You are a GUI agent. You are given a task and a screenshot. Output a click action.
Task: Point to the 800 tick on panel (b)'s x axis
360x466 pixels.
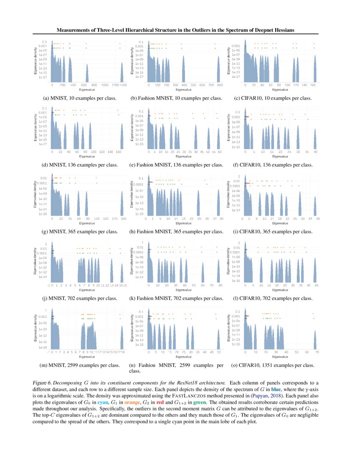(220, 85)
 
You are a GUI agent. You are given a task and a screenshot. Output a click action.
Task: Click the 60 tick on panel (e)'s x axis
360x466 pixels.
(220, 152)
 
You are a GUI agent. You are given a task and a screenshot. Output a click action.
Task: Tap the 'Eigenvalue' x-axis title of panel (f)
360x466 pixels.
(277, 156)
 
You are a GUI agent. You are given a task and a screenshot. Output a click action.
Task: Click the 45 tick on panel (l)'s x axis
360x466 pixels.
(315, 285)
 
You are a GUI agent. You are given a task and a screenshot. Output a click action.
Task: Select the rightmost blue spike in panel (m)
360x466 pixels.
(122, 337)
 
